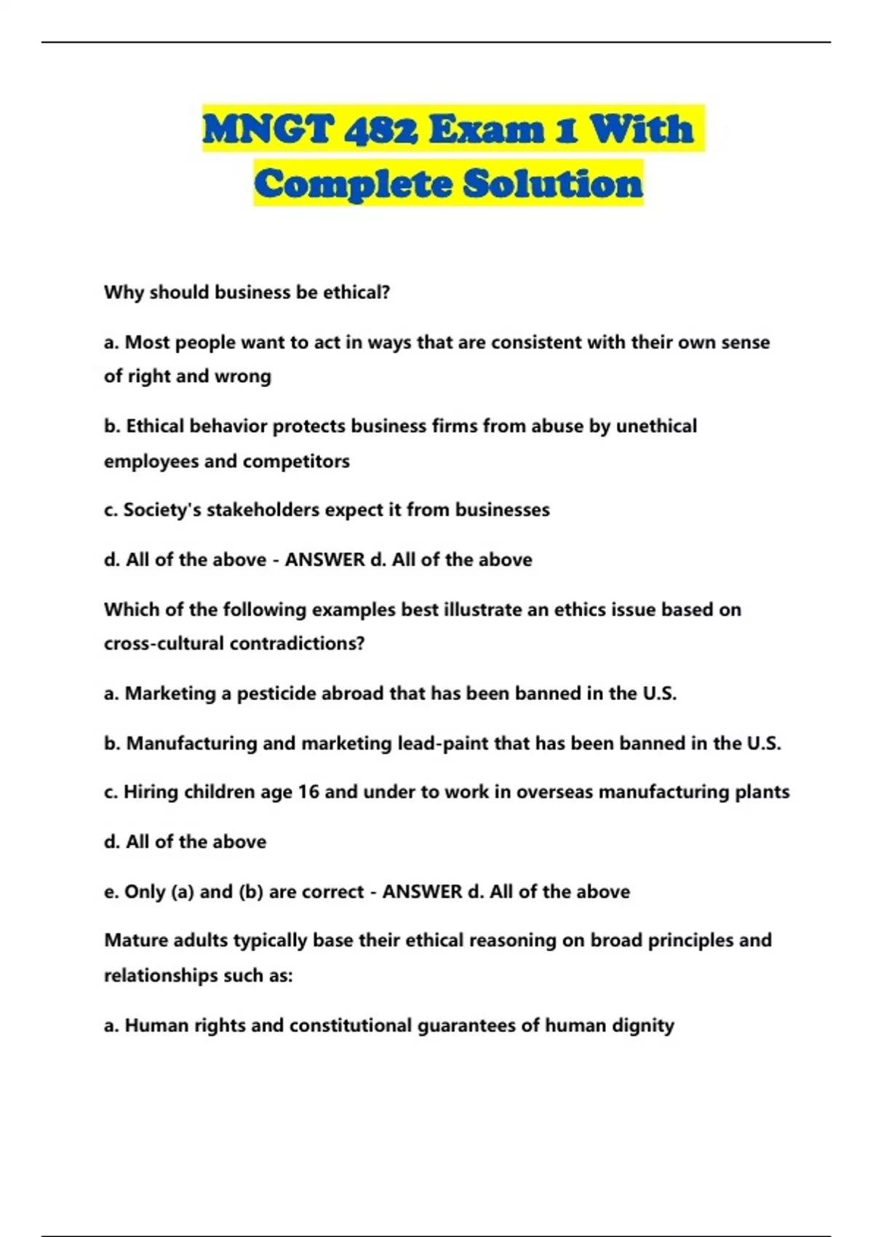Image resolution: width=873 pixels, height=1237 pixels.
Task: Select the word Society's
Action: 162,510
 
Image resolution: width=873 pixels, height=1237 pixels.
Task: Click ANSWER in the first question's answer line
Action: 324,560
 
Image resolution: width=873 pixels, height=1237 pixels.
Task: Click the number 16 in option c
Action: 308,792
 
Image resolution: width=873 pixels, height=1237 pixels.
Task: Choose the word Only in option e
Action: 145,892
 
